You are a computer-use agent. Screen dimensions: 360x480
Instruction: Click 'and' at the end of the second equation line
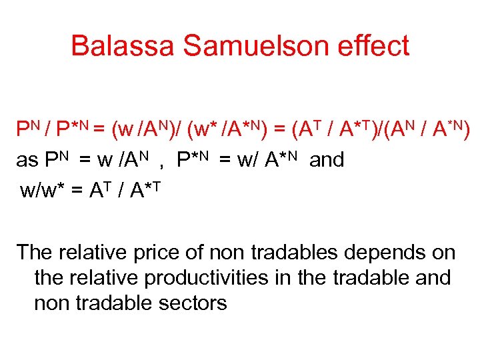click(326, 160)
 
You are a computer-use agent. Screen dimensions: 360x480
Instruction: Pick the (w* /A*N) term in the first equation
click(216, 129)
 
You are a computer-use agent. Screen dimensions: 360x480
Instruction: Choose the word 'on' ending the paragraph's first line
click(443, 253)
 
